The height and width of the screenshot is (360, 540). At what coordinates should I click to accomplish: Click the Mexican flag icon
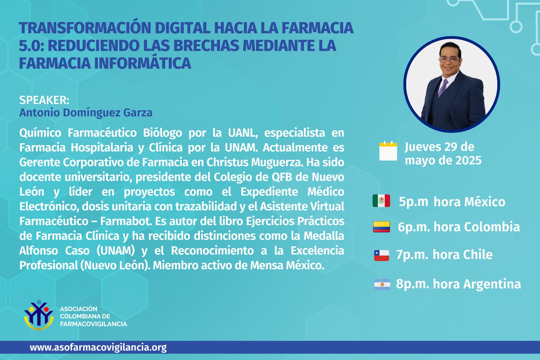381,201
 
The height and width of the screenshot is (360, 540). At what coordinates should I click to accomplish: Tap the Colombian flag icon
382,227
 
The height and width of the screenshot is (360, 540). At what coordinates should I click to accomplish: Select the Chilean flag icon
382,255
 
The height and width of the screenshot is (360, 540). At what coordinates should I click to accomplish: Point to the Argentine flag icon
382,284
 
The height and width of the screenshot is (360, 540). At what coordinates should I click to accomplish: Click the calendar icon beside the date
388,151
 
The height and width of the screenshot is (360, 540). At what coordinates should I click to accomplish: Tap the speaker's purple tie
442,87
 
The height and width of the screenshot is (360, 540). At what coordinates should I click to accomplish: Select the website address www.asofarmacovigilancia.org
98,348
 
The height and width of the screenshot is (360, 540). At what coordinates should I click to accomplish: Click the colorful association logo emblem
39,315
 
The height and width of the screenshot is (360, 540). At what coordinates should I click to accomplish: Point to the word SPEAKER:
44,100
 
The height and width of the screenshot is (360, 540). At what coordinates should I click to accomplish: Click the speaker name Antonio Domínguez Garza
86,113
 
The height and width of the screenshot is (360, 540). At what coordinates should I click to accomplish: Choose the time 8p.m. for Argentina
412,284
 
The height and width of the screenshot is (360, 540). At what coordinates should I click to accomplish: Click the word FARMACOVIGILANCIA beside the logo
94,324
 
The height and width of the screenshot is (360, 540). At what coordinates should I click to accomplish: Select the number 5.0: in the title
32,46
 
